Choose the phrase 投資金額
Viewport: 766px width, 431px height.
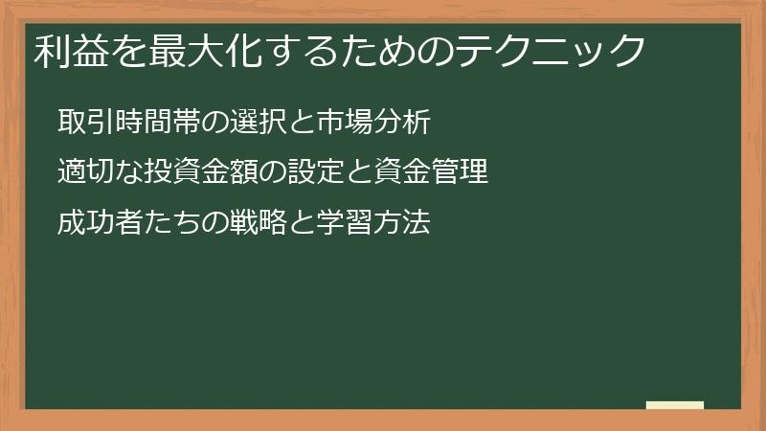196,173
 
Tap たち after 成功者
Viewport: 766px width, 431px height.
155,224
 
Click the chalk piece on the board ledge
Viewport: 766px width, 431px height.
675,405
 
